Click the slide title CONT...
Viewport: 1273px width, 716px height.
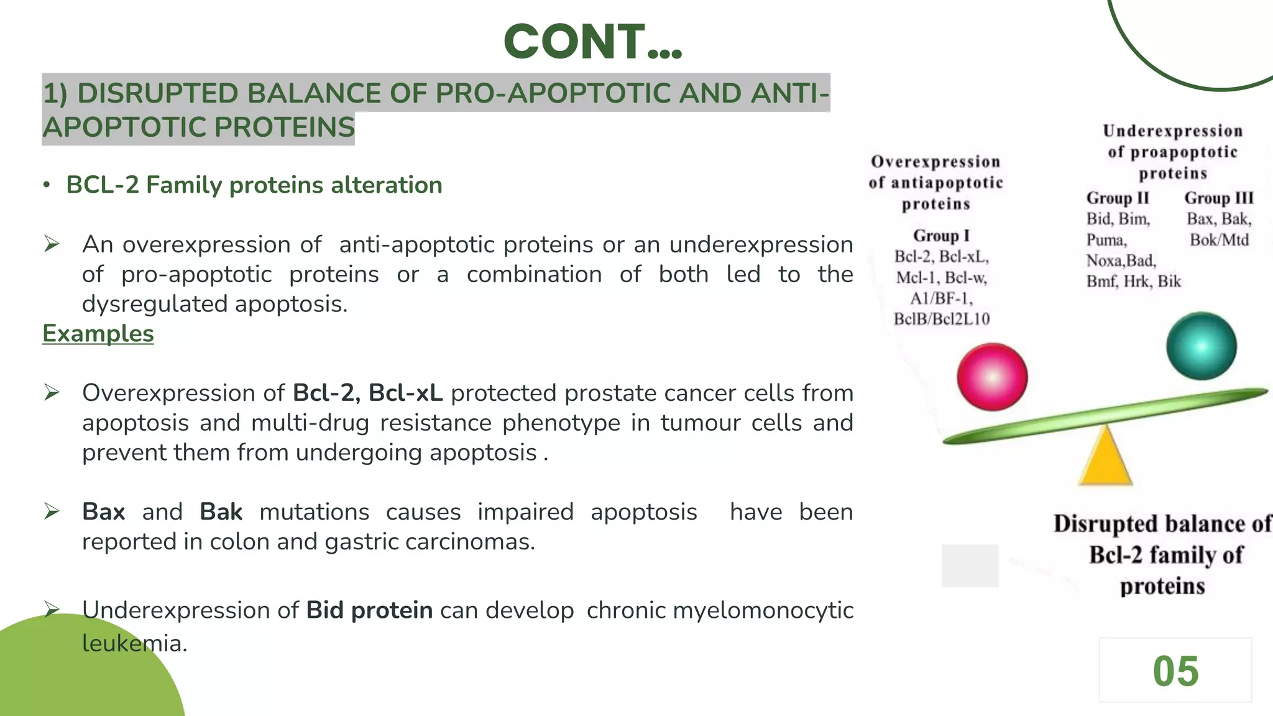pos(592,42)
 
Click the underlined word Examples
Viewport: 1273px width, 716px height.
pos(98,334)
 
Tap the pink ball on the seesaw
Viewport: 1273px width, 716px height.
pos(992,377)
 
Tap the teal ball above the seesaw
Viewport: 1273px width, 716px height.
pos(1201,346)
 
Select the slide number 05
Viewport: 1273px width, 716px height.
pos(1175,671)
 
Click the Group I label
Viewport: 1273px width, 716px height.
pos(941,236)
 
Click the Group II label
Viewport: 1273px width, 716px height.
pos(1118,198)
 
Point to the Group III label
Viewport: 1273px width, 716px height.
pos(1218,198)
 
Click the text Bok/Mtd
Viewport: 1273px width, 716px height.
pos(1219,240)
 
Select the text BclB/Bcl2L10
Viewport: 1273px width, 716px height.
pos(941,319)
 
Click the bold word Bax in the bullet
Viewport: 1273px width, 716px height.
pos(104,512)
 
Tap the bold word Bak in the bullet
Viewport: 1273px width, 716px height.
pos(221,512)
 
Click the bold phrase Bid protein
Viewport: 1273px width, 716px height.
pos(369,610)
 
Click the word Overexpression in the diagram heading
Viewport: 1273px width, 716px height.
pos(935,162)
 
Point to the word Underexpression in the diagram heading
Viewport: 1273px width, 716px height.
pos(1172,131)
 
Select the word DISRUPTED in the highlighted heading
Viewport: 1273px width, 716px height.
pos(158,94)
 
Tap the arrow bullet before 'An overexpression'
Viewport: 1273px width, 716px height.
pos(52,245)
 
